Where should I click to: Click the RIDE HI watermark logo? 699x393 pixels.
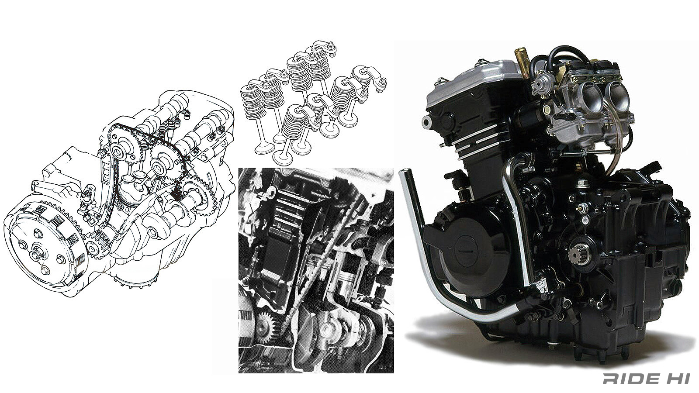pyautogui.click(x=646, y=379)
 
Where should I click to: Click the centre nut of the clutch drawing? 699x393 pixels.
pyautogui.click(x=35, y=252)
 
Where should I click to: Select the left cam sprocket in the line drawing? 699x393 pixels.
pyautogui.click(x=119, y=151)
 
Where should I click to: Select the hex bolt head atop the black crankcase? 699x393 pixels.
pyautogui.click(x=583, y=183)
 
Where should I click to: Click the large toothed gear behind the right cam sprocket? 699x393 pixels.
pyautogui.click(x=199, y=196)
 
